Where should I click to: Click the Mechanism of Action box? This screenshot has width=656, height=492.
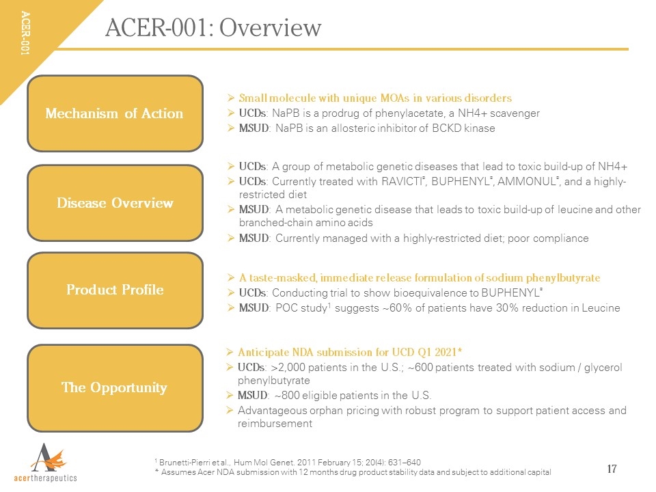[115, 113]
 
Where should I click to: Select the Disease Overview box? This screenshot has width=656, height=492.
[115, 203]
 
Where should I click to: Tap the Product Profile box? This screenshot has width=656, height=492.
[115, 290]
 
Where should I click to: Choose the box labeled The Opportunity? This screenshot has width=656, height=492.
[115, 388]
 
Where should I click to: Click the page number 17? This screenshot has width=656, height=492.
[612, 469]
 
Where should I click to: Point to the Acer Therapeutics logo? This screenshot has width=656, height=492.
[46, 463]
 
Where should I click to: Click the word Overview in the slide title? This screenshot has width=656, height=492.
[271, 28]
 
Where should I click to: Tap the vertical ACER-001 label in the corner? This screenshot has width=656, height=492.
[25, 33]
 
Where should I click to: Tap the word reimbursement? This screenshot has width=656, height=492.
[275, 424]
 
